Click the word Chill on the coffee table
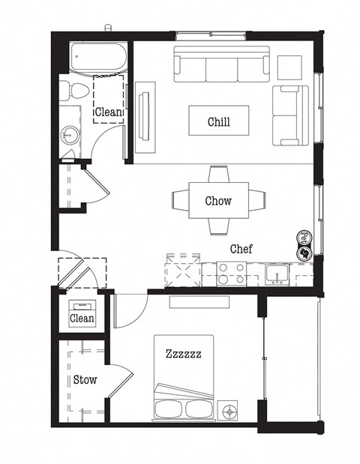coord(218,122)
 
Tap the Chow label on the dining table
coord(218,201)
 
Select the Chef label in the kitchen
coord(241,249)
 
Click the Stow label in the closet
coord(85,379)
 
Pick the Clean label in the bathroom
coord(108,113)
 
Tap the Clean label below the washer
coord(82,319)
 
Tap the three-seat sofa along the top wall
coord(221,65)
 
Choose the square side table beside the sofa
coord(289,67)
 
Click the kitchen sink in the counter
coord(277,274)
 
